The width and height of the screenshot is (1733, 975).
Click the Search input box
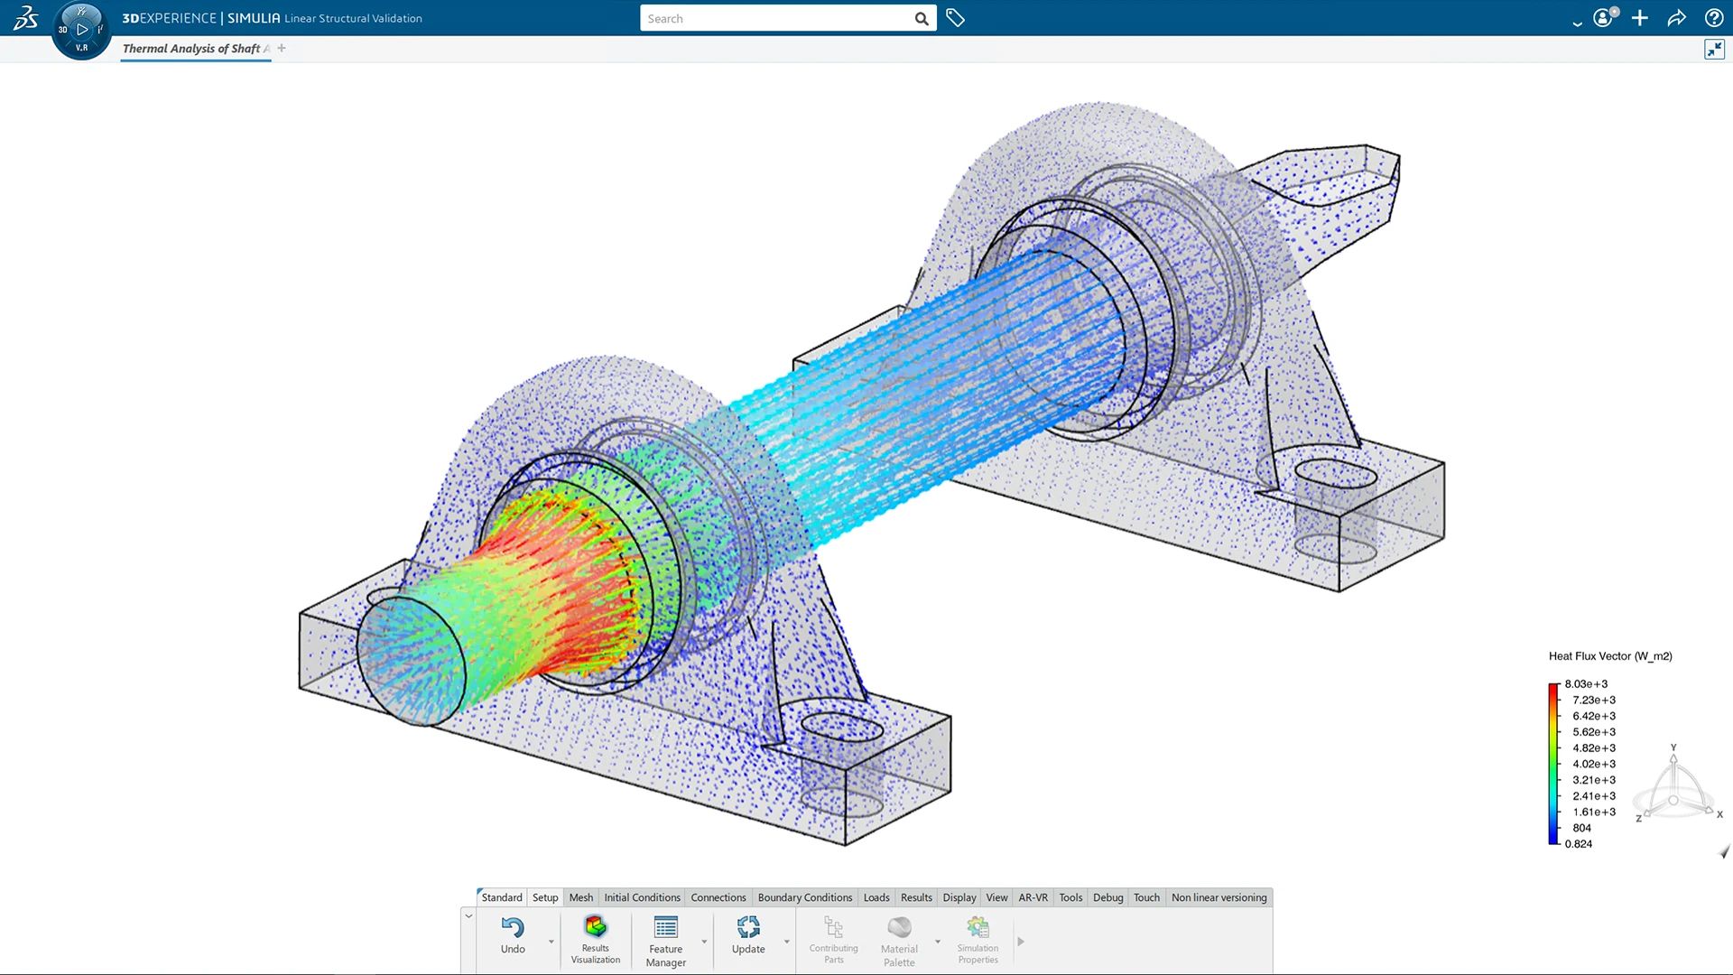pos(776,18)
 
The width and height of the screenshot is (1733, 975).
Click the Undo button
pos(513,934)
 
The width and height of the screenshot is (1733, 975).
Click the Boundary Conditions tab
pos(804,897)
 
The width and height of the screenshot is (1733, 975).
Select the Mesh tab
pos(580,897)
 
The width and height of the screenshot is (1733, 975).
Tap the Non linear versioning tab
pos(1219,897)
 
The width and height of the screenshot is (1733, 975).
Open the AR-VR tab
pos(1033,897)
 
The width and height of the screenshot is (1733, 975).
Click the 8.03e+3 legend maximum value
pos(1586,684)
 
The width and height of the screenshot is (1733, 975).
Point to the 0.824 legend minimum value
pos(1579,844)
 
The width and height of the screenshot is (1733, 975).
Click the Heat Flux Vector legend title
pos(1610,656)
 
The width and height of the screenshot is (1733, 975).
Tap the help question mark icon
pos(1713,18)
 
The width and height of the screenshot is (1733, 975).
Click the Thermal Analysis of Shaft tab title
pos(191,49)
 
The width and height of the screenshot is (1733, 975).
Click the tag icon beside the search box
pos(955,18)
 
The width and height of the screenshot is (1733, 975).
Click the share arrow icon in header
pos(1676,18)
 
